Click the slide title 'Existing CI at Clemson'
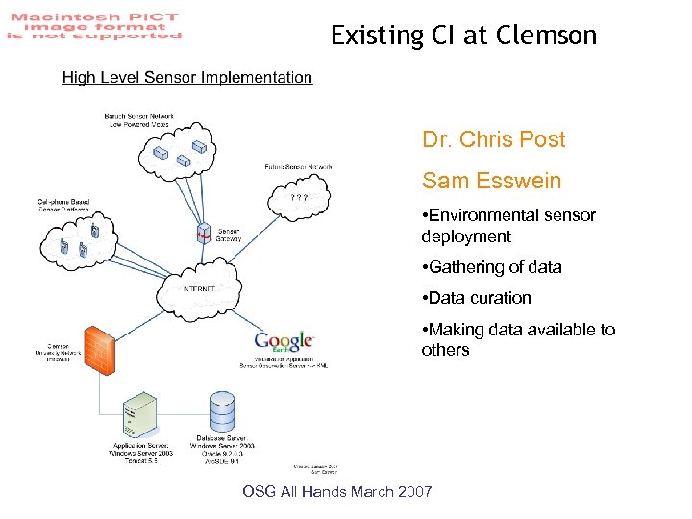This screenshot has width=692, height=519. pos(463,37)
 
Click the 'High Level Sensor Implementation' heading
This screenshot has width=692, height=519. pos(187,78)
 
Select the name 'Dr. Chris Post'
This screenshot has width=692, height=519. pos(493,139)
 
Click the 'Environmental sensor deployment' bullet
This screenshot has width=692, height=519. pos(508,225)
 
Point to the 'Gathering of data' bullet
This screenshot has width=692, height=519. pos(491,267)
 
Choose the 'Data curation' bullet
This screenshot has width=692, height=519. pos(476,298)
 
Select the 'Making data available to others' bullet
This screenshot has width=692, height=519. pos(517,339)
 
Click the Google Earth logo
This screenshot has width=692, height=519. pos(284,343)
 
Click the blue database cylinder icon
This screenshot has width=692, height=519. pos(223,411)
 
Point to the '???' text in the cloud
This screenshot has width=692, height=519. pos(299,198)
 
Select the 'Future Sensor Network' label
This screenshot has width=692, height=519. pos(298,167)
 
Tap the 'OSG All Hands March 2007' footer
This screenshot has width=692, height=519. pos(337,492)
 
